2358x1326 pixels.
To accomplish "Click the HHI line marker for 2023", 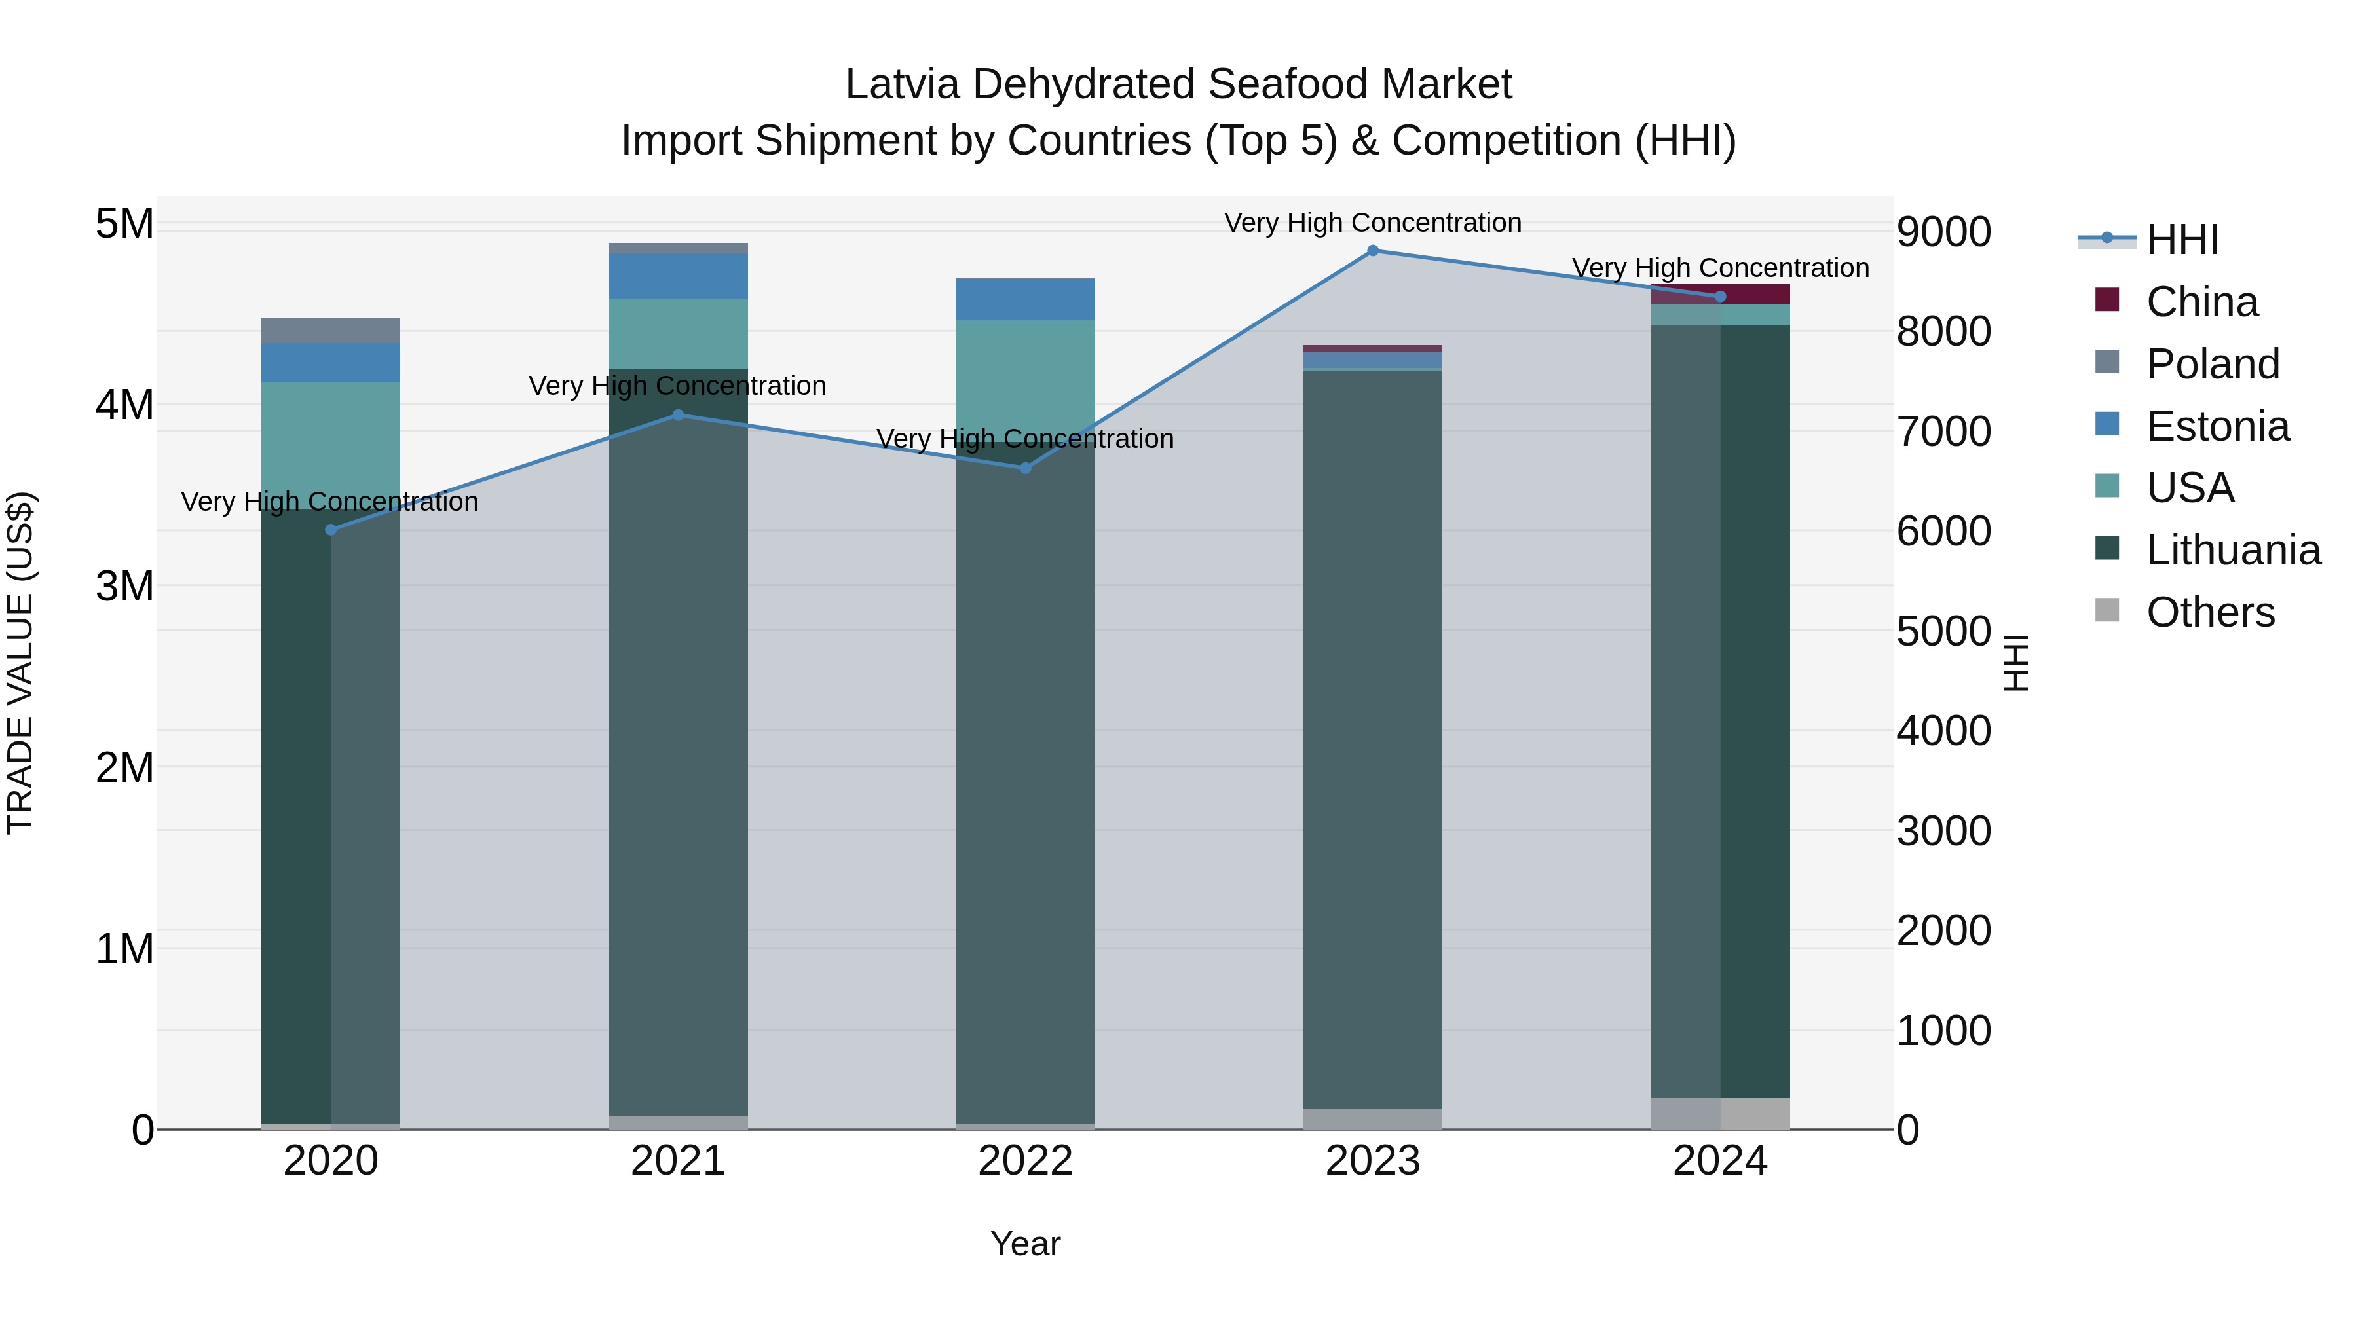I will [1372, 251].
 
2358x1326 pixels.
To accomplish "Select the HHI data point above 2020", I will [331, 530].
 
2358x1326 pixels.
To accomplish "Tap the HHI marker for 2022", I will [1025, 468].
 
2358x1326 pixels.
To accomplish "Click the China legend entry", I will [2201, 302].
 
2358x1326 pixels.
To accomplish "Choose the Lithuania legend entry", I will [2233, 550].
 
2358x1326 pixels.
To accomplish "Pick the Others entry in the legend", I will [2210, 612].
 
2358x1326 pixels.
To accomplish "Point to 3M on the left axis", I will [125, 585].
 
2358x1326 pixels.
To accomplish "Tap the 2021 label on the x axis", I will [679, 1161].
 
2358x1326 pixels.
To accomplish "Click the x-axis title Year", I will [1025, 1243].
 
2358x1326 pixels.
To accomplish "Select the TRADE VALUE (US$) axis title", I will [20, 663].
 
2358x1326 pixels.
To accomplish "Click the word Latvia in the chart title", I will [902, 84].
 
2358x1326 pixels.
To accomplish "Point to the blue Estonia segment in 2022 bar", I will [1025, 299].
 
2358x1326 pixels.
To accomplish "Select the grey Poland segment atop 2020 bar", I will [331, 331].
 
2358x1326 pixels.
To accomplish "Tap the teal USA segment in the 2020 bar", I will [331, 439].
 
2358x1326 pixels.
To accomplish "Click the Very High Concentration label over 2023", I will [1372, 223].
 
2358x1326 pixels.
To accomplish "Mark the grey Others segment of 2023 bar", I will [1372, 1118].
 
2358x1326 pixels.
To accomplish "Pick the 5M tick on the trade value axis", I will [125, 223].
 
